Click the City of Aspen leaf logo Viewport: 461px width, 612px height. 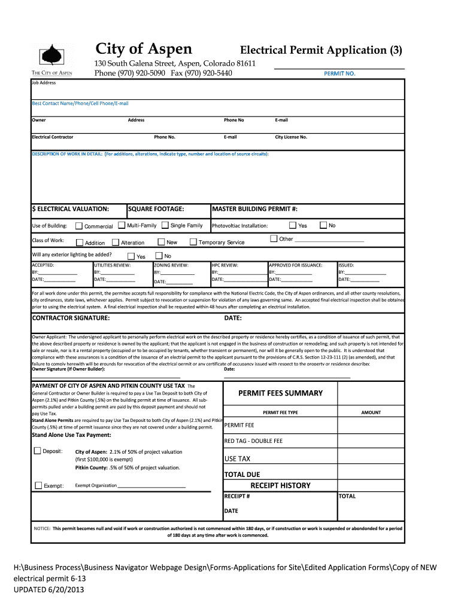[51, 55]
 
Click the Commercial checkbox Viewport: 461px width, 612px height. [79, 226]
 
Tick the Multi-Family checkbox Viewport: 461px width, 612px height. [122, 225]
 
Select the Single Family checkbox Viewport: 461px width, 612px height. [165, 225]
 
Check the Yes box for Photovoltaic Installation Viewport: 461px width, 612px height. [293, 225]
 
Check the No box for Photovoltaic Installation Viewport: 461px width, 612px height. [323, 225]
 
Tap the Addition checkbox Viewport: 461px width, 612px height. [80, 243]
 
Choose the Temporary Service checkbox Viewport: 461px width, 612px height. [193, 242]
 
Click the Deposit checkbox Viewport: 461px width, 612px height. [38, 451]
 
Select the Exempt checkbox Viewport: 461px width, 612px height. [39, 485]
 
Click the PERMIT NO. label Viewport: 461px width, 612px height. [339, 74]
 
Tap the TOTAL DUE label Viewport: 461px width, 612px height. [242, 475]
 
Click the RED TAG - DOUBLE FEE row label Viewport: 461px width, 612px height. [253, 441]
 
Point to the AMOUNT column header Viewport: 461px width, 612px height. [371, 413]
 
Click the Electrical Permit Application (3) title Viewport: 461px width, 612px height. [322, 50]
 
